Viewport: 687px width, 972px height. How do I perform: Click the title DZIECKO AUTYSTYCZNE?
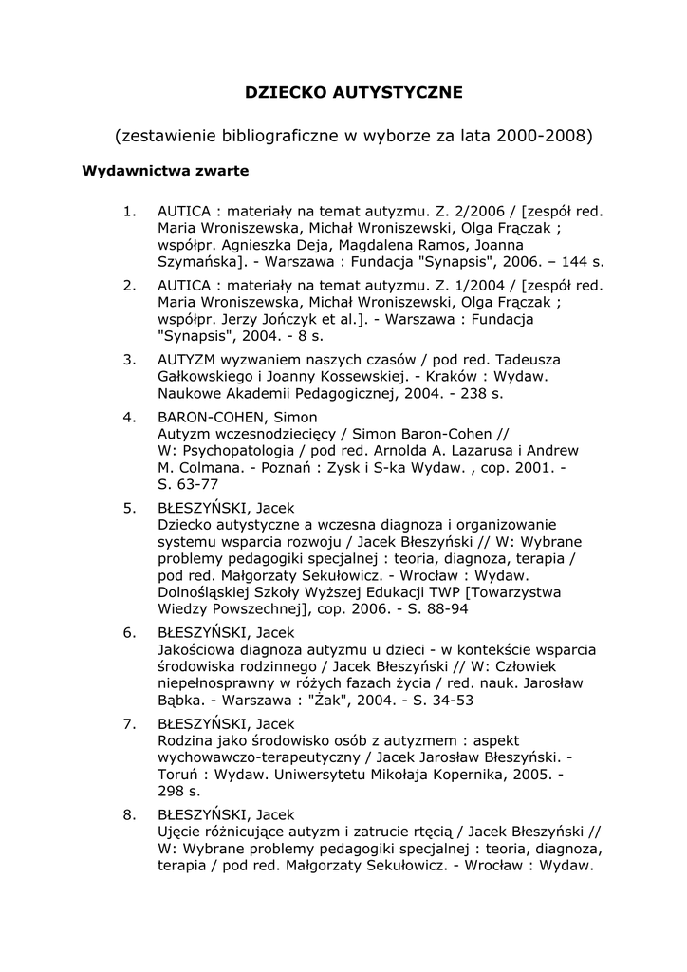(354, 92)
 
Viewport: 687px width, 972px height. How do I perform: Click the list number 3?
(130, 360)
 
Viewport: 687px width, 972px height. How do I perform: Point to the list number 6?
(130, 632)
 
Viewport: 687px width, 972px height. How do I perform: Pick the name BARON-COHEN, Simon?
(237, 416)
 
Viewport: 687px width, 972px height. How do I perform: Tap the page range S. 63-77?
(190, 484)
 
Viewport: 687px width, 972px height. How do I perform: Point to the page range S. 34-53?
(438, 701)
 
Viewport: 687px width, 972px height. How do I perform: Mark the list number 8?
(130, 814)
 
